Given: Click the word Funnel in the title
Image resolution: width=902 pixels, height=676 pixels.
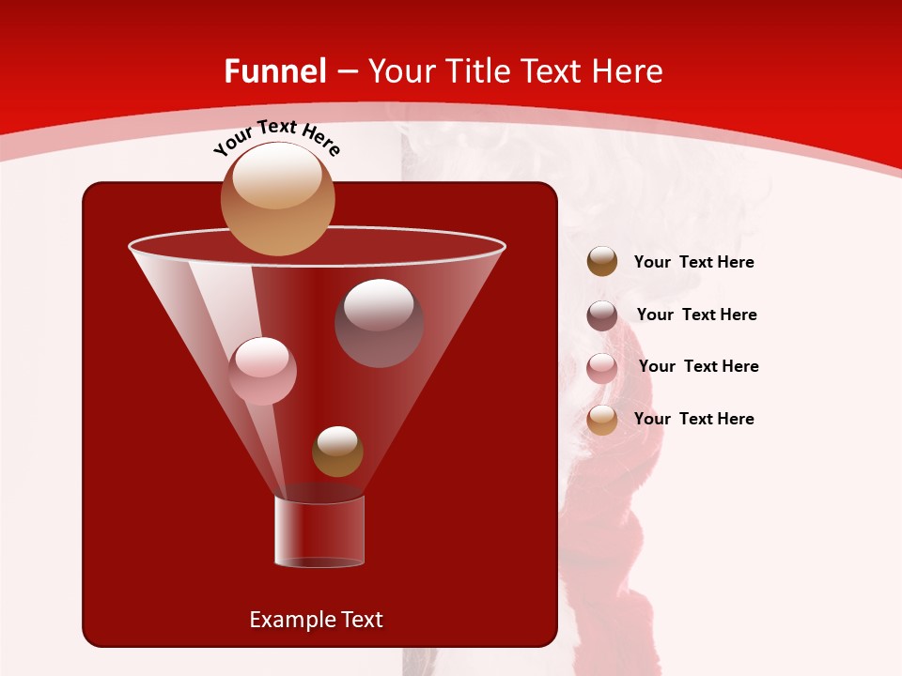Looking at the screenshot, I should coord(274,71).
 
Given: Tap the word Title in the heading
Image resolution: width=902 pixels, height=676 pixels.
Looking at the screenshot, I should coord(475,71).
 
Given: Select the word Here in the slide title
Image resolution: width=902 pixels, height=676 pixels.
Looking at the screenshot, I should coord(629,71).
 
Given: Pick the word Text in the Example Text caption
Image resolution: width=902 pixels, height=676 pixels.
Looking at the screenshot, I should coord(359,620).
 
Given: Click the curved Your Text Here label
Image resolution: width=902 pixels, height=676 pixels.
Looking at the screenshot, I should coord(276,137).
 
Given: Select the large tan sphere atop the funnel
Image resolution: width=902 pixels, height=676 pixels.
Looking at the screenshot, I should coord(277,198).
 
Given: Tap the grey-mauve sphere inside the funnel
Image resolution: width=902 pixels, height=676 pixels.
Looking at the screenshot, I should coord(379,323).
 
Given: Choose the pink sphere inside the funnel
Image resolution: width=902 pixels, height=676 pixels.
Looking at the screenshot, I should coord(262,371).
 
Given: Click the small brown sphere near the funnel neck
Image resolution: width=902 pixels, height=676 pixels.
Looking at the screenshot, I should coord(337,452).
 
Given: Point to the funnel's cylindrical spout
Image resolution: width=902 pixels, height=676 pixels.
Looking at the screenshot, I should coord(319,531).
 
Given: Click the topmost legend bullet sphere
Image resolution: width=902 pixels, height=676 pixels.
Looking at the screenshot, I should coord(602,262).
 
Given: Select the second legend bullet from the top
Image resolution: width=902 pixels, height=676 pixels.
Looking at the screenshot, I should coord(602,315).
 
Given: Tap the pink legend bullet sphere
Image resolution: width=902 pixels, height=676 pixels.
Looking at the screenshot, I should coord(602,367).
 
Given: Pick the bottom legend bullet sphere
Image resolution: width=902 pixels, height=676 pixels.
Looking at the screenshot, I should coord(602,420).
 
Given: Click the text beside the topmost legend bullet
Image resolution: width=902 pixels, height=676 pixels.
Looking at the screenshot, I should coord(693,262).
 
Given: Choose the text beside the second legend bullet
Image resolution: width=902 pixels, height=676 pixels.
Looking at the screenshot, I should coord(696,315).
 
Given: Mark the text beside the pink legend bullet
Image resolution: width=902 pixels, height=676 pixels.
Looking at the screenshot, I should coord(698,366).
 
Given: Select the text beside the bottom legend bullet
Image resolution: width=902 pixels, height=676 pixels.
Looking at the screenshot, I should coord(693,419).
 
